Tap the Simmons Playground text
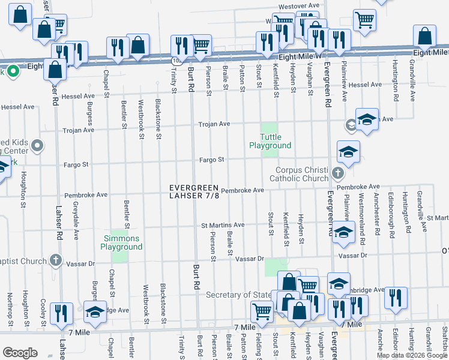(121, 243)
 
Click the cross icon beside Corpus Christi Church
(337, 175)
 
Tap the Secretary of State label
(240, 295)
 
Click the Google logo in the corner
(20, 353)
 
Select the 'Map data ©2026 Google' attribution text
(412, 355)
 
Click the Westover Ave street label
(298, 5)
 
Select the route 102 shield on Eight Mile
(176, 61)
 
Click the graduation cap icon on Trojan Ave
(366, 120)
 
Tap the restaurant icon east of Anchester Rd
(396, 298)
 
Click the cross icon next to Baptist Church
(55, 260)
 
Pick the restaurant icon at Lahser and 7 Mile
(61, 314)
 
